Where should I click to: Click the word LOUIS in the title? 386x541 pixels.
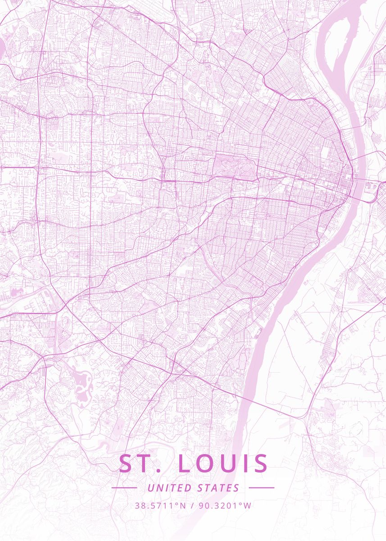point(223,464)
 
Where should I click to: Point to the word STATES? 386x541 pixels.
point(218,488)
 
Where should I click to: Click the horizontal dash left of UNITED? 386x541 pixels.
point(124,488)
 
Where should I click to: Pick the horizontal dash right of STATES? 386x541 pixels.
point(261,488)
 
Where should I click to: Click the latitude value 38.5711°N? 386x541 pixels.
point(160,505)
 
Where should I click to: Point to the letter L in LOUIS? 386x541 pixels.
point(184,464)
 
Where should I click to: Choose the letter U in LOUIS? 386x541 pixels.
point(227,464)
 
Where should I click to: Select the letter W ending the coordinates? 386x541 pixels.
point(248,505)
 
